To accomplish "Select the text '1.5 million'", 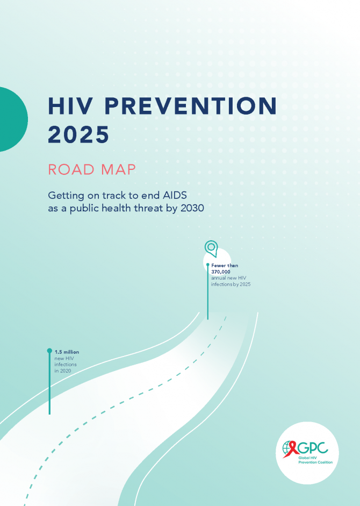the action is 67,352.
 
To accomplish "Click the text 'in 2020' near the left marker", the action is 62,371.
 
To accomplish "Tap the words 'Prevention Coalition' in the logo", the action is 315,462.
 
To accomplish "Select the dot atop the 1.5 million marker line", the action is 49,351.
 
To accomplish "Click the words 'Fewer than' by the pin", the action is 225,266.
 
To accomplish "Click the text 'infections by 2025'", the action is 231,284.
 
